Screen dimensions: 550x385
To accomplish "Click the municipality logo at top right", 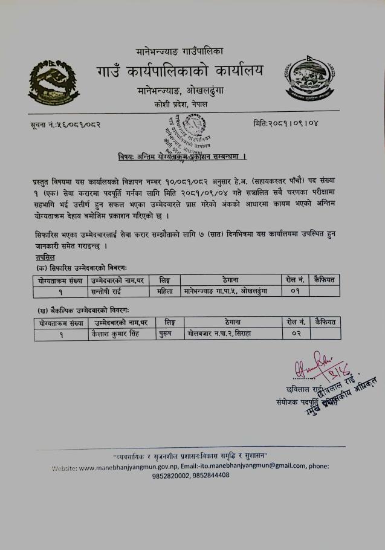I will pos(309,80).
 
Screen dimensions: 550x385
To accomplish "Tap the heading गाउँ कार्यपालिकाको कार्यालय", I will pos(179,73).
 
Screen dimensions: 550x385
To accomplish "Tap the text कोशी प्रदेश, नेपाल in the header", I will pos(180,105).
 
